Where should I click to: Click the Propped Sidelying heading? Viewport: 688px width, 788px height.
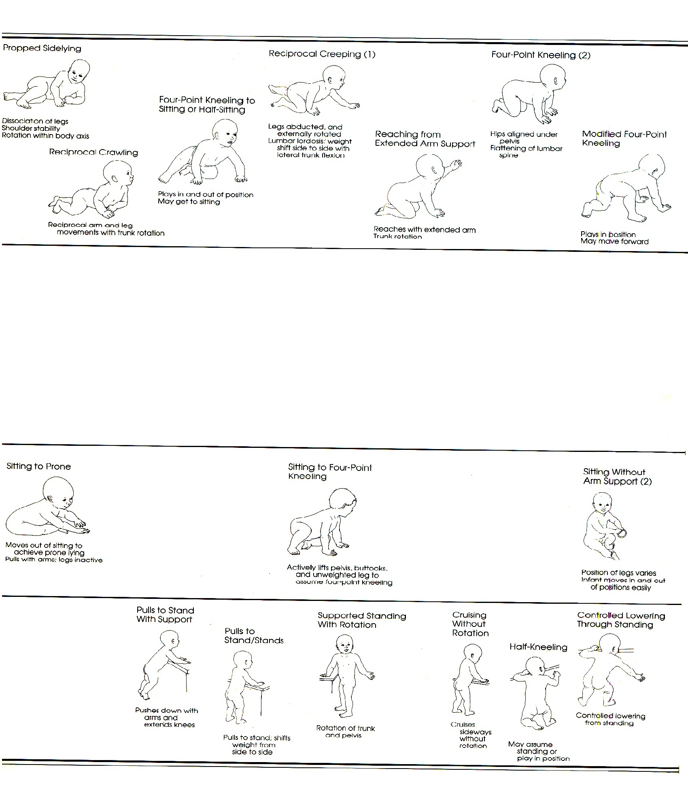click(42, 48)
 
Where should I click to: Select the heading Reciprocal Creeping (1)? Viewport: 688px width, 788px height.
click(322, 54)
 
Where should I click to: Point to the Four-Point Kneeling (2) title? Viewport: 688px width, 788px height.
click(541, 55)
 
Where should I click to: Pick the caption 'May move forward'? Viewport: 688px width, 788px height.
click(614, 242)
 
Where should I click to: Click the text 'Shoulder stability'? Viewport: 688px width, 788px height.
click(31, 128)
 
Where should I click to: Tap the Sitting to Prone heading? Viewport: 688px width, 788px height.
click(39, 466)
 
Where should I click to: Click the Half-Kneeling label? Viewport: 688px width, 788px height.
click(538, 647)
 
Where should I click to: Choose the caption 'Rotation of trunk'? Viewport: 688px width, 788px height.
click(346, 728)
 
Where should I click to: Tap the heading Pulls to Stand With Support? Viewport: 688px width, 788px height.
click(165, 615)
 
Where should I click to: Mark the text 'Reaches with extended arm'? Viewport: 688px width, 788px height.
click(425, 230)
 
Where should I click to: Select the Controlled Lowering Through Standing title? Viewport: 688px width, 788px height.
click(621, 620)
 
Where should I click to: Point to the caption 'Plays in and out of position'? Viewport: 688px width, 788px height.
click(206, 195)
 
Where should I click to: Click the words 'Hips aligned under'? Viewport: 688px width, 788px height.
click(524, 134)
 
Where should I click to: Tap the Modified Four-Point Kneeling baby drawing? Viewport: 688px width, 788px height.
click(625, 190)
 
